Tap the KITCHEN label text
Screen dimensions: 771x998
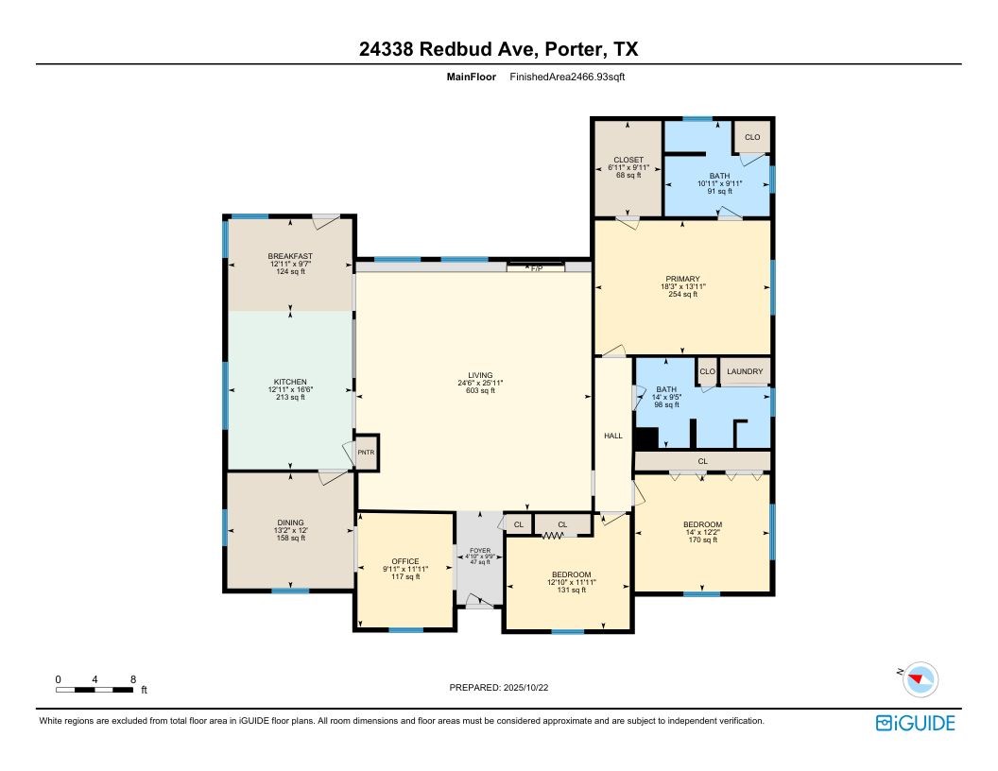tap(290, 382)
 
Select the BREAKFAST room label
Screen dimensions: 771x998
tap(290, 256)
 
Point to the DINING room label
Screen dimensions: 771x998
tap(290, 522)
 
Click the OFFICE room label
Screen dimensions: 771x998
tap(405, 561)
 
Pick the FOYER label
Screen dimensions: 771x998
tap(480, 549)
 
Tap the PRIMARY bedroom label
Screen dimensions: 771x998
tap(681, 279)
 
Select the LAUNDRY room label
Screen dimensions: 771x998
tap(745, 371)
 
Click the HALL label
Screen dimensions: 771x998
tap(613, 436)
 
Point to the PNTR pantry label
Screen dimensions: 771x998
tap(366, 453)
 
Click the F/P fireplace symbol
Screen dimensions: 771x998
tap(536, 268)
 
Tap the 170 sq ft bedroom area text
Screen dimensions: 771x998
tap(702, 540)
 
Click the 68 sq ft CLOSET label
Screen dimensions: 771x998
tap(628, 175)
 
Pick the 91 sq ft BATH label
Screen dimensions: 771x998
tap(720, 192)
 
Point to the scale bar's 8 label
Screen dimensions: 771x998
tap(133, 679)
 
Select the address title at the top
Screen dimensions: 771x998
tap(498, 49)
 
